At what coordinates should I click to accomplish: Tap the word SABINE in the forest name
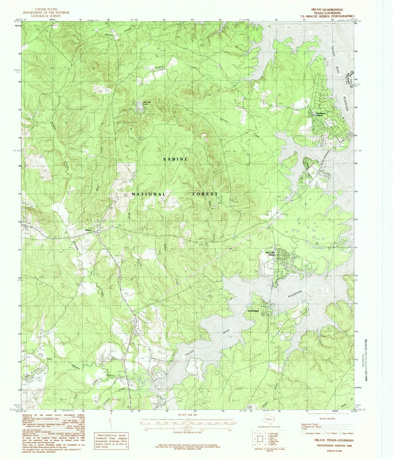[x=176, y=159]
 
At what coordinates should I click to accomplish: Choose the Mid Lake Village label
[x=271, y=254]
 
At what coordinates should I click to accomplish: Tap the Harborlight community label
[x=253, y=311]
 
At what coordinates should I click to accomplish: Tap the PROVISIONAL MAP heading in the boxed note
[x=111, y=435]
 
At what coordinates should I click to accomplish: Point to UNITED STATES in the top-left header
[x=46, y=10]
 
